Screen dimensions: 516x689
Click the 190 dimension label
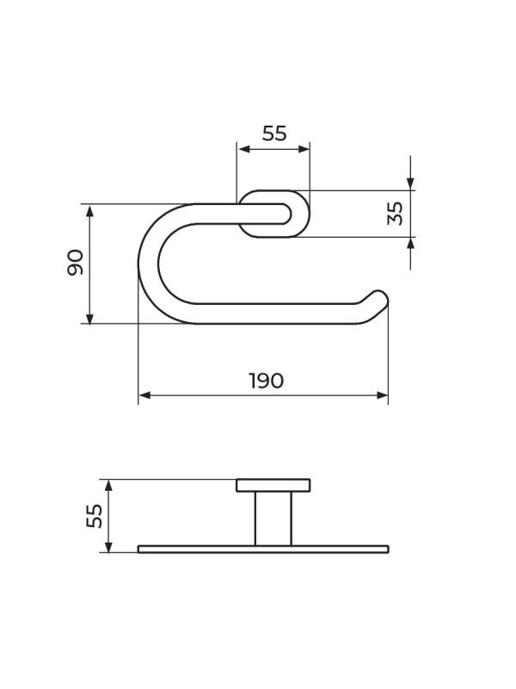coord(266,381)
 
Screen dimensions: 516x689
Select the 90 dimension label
coord(76,263)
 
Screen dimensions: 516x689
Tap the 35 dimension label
coord(395,214)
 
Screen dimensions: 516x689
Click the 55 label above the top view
coord(274,133)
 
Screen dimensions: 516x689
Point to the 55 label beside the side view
coord(95,516)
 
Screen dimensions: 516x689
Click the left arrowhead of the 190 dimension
coord(144,395)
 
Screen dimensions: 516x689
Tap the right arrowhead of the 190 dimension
coord(382,395)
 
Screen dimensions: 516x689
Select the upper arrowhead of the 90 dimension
coord(89,211)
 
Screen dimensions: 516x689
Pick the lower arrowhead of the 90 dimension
coord(89,318)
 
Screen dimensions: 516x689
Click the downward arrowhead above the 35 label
coord(410,184)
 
